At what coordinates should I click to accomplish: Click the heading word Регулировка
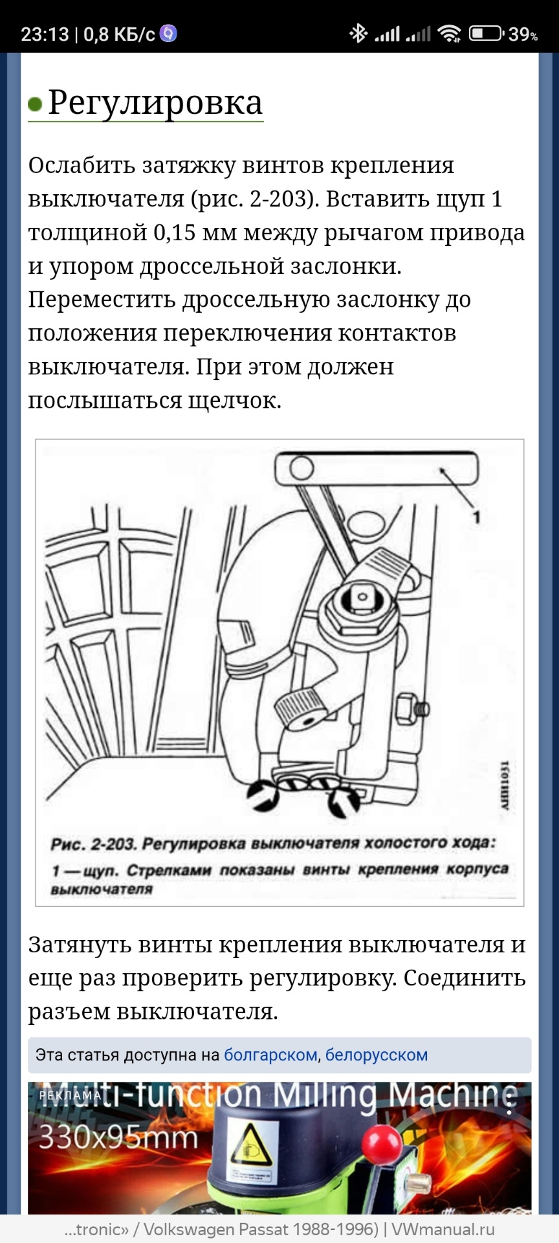155,102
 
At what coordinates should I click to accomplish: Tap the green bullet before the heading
35,104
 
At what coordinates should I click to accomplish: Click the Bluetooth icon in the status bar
358,33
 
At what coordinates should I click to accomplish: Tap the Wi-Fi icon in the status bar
449,33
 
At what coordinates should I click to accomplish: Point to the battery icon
485,33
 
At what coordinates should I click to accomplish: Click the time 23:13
45,34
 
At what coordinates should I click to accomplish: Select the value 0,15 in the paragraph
174,232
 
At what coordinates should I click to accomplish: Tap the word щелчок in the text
234,401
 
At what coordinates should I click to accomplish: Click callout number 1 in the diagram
476,517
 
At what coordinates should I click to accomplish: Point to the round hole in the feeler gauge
301,468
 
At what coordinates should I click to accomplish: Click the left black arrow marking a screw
264,795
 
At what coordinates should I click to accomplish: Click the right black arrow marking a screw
343,801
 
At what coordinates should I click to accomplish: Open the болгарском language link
270,1055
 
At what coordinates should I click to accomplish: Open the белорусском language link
376,1055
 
